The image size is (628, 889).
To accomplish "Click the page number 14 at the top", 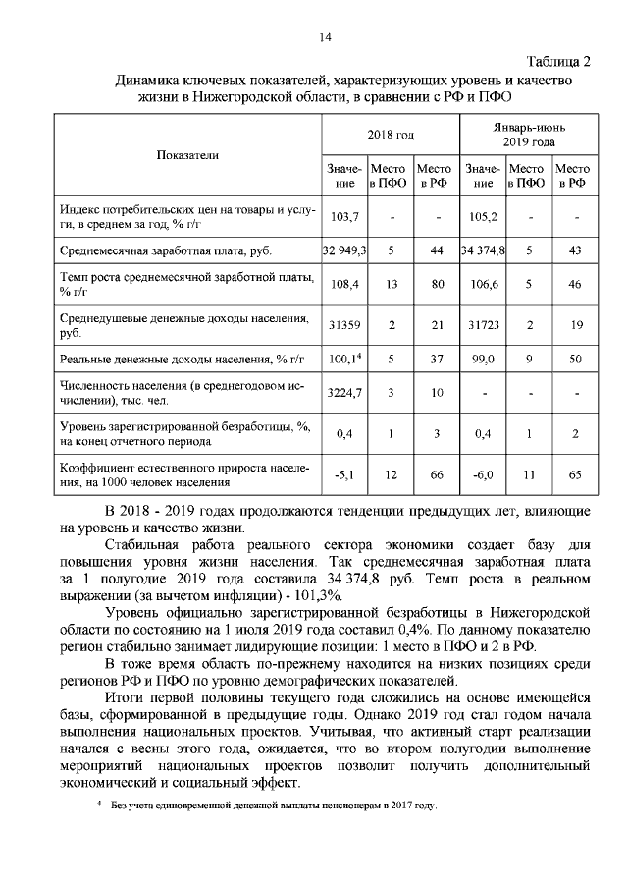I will (x=325, y=37).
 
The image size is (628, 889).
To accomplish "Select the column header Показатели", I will (x=187, y=155).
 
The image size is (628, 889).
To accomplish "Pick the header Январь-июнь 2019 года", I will (x=529, y=135).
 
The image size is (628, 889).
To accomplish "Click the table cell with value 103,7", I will (x=344, y=217).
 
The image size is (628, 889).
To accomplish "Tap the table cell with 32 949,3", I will (x=344, y=251).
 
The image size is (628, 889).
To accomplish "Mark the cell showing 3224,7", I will (x=344, y=394).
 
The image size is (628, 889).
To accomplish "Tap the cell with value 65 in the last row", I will (x=574, y=474).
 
